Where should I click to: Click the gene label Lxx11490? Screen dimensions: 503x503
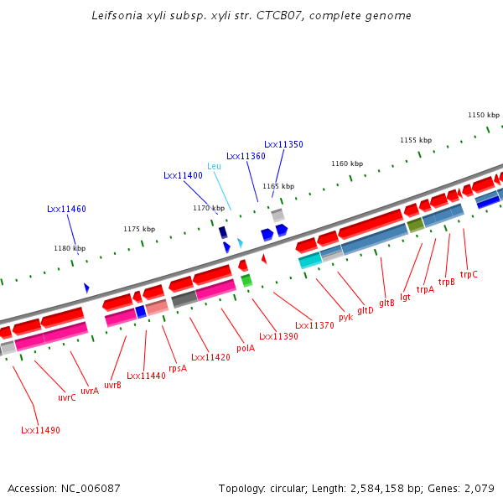click(40, 430)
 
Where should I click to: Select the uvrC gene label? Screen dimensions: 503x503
click(67, 397)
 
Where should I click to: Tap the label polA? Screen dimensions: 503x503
click(246, 348)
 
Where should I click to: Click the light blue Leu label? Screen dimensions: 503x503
click(214, 166)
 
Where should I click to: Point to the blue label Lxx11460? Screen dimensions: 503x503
click(66, 209)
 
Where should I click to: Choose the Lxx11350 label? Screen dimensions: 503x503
click(283, 144)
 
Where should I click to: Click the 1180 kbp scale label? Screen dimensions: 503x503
click(70, 248)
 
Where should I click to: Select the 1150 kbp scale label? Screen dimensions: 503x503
click(483, 115)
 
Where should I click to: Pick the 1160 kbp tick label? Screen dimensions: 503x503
click(347, 163)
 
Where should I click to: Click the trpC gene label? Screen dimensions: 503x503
click(469, 274)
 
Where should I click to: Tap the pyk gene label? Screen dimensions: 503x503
click(345, 317)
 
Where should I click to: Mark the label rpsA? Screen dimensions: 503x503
click(178, 368)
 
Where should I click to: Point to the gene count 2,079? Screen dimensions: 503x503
click(479, 488)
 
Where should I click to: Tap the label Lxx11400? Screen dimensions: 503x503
click(183, 175)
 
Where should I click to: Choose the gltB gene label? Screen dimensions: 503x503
click(386, 303)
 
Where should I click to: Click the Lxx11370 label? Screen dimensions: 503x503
click(314, 325)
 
